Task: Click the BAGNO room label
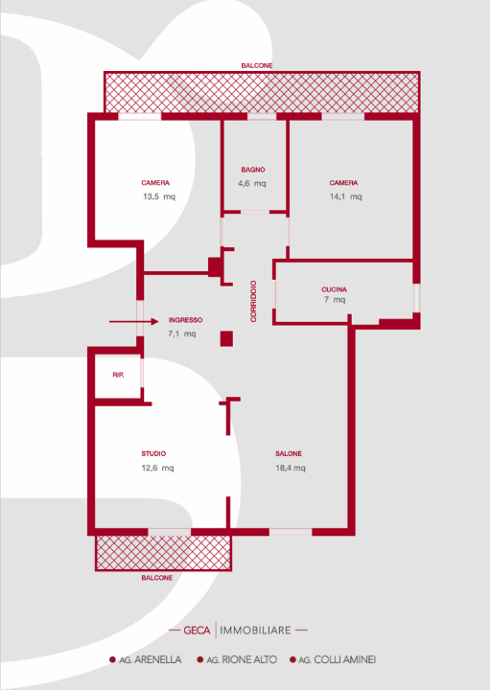click(x=253, y=170)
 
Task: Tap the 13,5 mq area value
click(x=159, y=196)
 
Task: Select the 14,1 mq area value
click(x=345, y=196)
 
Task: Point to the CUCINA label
click(x=334, y=289)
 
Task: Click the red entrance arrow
click(x=134, y=322)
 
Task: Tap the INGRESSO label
click(x=185, y=320)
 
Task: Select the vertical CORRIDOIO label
click(x=253, y=302)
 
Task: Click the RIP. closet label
click(x=118, y=375)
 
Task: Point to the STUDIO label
click(x=153, y=453)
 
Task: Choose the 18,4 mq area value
click(x=291, y=468)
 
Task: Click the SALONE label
click(x=289, y=453)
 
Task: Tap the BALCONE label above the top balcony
click(x=257, y=65)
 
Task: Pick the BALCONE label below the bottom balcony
click(x=157, y=578)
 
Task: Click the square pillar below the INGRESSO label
click(x=226, y=339)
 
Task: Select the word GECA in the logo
click(x=197, y=631)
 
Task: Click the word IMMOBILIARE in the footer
click(x=255, y=631)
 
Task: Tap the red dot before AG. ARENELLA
click(x=112, y=659)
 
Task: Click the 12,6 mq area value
click(x=157, y=468)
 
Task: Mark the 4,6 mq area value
click(x=252, y=183)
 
